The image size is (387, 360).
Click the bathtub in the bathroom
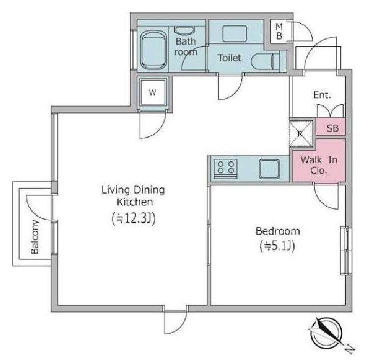click(153, 50)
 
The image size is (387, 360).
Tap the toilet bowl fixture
click(266, 61)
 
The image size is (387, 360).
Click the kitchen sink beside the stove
click(269, 169)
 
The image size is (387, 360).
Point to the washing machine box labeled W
click(152, 93)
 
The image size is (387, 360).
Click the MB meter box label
click(279, 31)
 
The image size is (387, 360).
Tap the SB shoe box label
click(332, 128)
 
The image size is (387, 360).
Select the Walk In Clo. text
click(319, 165)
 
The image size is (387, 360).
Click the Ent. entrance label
click(322, 95)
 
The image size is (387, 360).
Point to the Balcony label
click(35, 237)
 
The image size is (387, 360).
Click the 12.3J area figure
click(134, 219)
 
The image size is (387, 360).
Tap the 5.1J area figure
click(277, 246)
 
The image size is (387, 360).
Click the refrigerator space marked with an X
click(301, 133)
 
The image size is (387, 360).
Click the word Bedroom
click(278, 231)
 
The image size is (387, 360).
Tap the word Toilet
click(229, 58)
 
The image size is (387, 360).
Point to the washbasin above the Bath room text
click(185, 30)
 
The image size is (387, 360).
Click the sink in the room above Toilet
click(234, 33)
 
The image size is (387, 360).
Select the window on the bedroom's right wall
click(346, 250)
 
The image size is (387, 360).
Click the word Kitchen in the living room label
click(135, 202)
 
